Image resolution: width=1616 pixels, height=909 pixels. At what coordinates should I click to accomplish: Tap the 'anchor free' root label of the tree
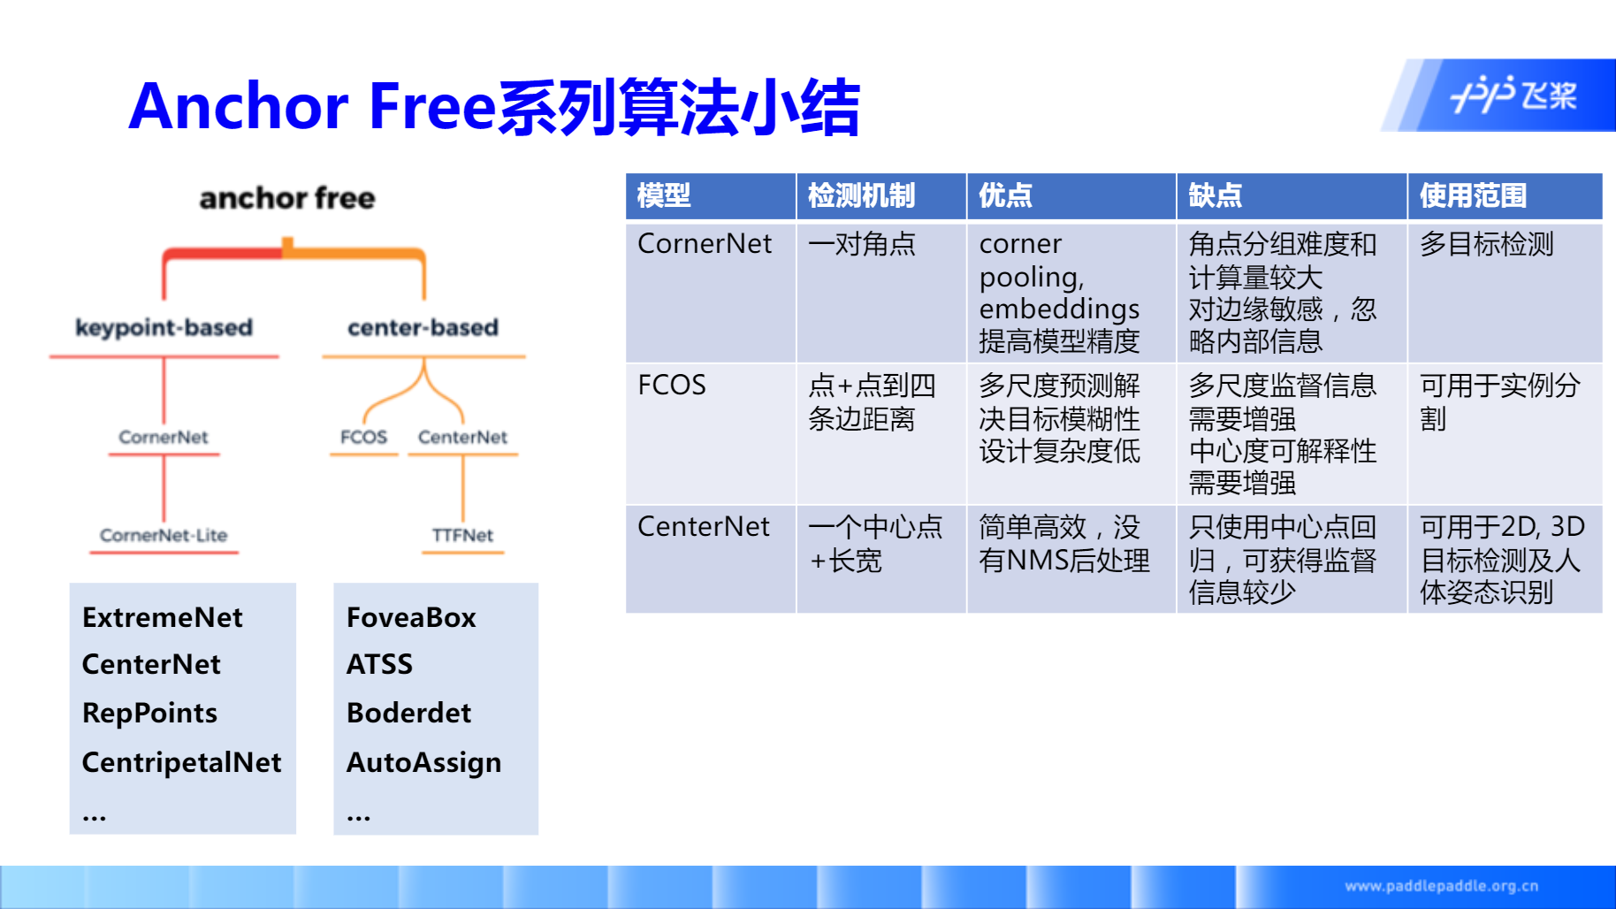[287, 198]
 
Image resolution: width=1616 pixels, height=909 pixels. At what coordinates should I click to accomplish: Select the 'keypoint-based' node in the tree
[164, 327]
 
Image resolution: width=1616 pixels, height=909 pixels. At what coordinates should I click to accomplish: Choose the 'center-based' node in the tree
[423, 327]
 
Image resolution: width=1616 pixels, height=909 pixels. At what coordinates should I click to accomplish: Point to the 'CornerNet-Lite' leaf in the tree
[164, 535]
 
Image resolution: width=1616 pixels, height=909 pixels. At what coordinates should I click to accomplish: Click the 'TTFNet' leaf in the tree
[462, 535]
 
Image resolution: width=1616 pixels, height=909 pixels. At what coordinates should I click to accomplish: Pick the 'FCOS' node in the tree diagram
[363, 437]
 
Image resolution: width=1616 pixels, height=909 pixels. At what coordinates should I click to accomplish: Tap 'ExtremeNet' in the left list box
[163, 617]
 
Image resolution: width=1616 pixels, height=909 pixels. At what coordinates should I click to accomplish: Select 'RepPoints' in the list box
[149, 713]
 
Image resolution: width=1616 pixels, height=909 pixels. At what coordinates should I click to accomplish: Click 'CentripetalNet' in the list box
[181, 762]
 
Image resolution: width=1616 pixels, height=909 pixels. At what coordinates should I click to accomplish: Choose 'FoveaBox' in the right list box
[411, 617]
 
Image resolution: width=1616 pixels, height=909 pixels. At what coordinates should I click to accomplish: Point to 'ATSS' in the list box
[379, 664]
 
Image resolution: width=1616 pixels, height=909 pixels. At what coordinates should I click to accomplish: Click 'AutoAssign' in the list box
[423, 762]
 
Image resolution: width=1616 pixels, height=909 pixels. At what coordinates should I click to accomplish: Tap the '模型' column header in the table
[664, 195]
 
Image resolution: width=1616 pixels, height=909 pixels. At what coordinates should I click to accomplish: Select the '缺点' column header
[1215, 195]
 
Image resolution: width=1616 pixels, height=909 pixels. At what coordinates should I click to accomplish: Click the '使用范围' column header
[1473, 195]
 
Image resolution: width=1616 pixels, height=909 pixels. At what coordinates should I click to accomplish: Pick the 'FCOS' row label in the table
[672, 386]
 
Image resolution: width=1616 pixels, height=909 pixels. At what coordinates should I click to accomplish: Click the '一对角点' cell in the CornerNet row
[862, 244]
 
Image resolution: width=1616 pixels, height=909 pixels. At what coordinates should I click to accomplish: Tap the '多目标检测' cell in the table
[1487, 244]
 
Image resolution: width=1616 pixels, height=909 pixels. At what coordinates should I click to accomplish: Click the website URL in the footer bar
[1442, 886]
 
